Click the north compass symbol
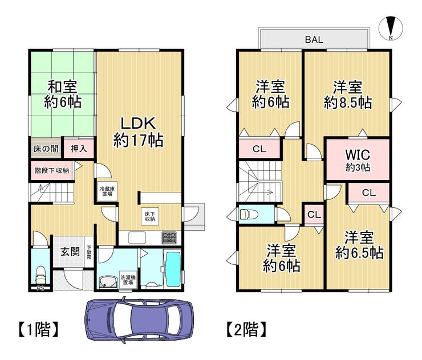pyautogui.click(x=391, y=28)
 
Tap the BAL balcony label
pyautogui.click(x=314, y=39)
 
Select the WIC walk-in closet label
pyautogui.click(x=358, y=154)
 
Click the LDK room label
pyautogui.click(x=138, y=124)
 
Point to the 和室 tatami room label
pyautogui.click(x=62, y=87)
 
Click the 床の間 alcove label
pyautogui.click(x=46, y=149)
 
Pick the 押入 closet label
pyautogui.click(x=79, y=149)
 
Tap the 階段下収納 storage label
pyautogui.click(x=52, y=170)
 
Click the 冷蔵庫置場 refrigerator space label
pyautogui.click(x=107, y=191)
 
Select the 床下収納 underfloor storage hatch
pyautogui.click(x=150, y=216)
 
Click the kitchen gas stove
pyautogui.click(x=169, y=238)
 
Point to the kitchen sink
pyautogui.click(x=137, y=238)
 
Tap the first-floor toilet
pyautogui.click(x=40, y=275)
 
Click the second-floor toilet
pyautogui.click(x=249, y=215)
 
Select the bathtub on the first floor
pyautogui.click(x=173, y=269)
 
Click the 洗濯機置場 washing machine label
pyautogui.click(x=128, y=280)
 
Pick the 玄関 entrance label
pyautogui.click(x=70, y=252)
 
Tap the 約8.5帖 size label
pyautogui.click(x=348, y=102)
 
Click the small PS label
pyautogui.click(x=40, y=288)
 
